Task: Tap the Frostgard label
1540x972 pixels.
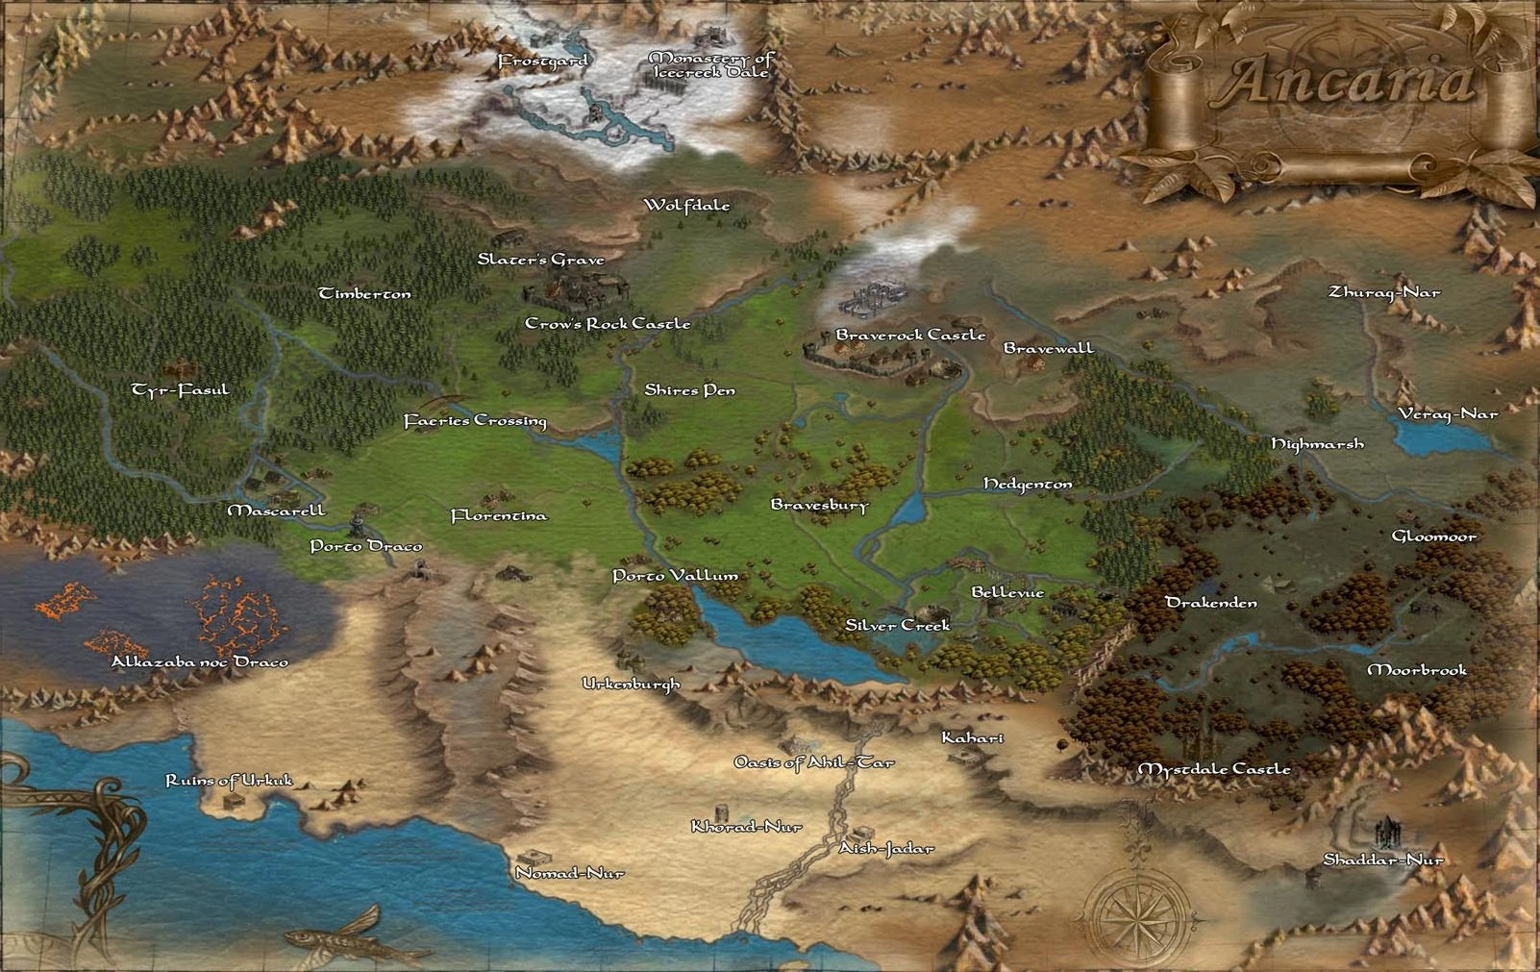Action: coord(543,62)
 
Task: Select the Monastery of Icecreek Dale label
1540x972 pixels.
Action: coord(711,65)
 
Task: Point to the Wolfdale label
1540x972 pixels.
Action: coord(686,205)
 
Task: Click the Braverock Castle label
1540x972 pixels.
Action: coord(910,335)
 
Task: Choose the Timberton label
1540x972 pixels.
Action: coord(364,293)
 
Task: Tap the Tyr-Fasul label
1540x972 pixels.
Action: coord(181,389)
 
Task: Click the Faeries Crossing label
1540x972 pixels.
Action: coord(475,420)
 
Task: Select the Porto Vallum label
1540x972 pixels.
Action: coord(675,576)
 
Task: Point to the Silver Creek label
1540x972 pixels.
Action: coord(897,625)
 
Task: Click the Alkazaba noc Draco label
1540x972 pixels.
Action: coord(199,661)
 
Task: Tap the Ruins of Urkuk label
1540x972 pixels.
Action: coord(229,780)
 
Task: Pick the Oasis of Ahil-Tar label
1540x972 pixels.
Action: coord(813,762)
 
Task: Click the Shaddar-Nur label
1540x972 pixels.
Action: coord(1383,860)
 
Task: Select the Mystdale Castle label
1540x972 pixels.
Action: coord(1214,769)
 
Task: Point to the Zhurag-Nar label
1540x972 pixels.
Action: coord(1384,291)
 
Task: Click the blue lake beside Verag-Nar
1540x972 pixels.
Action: coord(1432,438)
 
